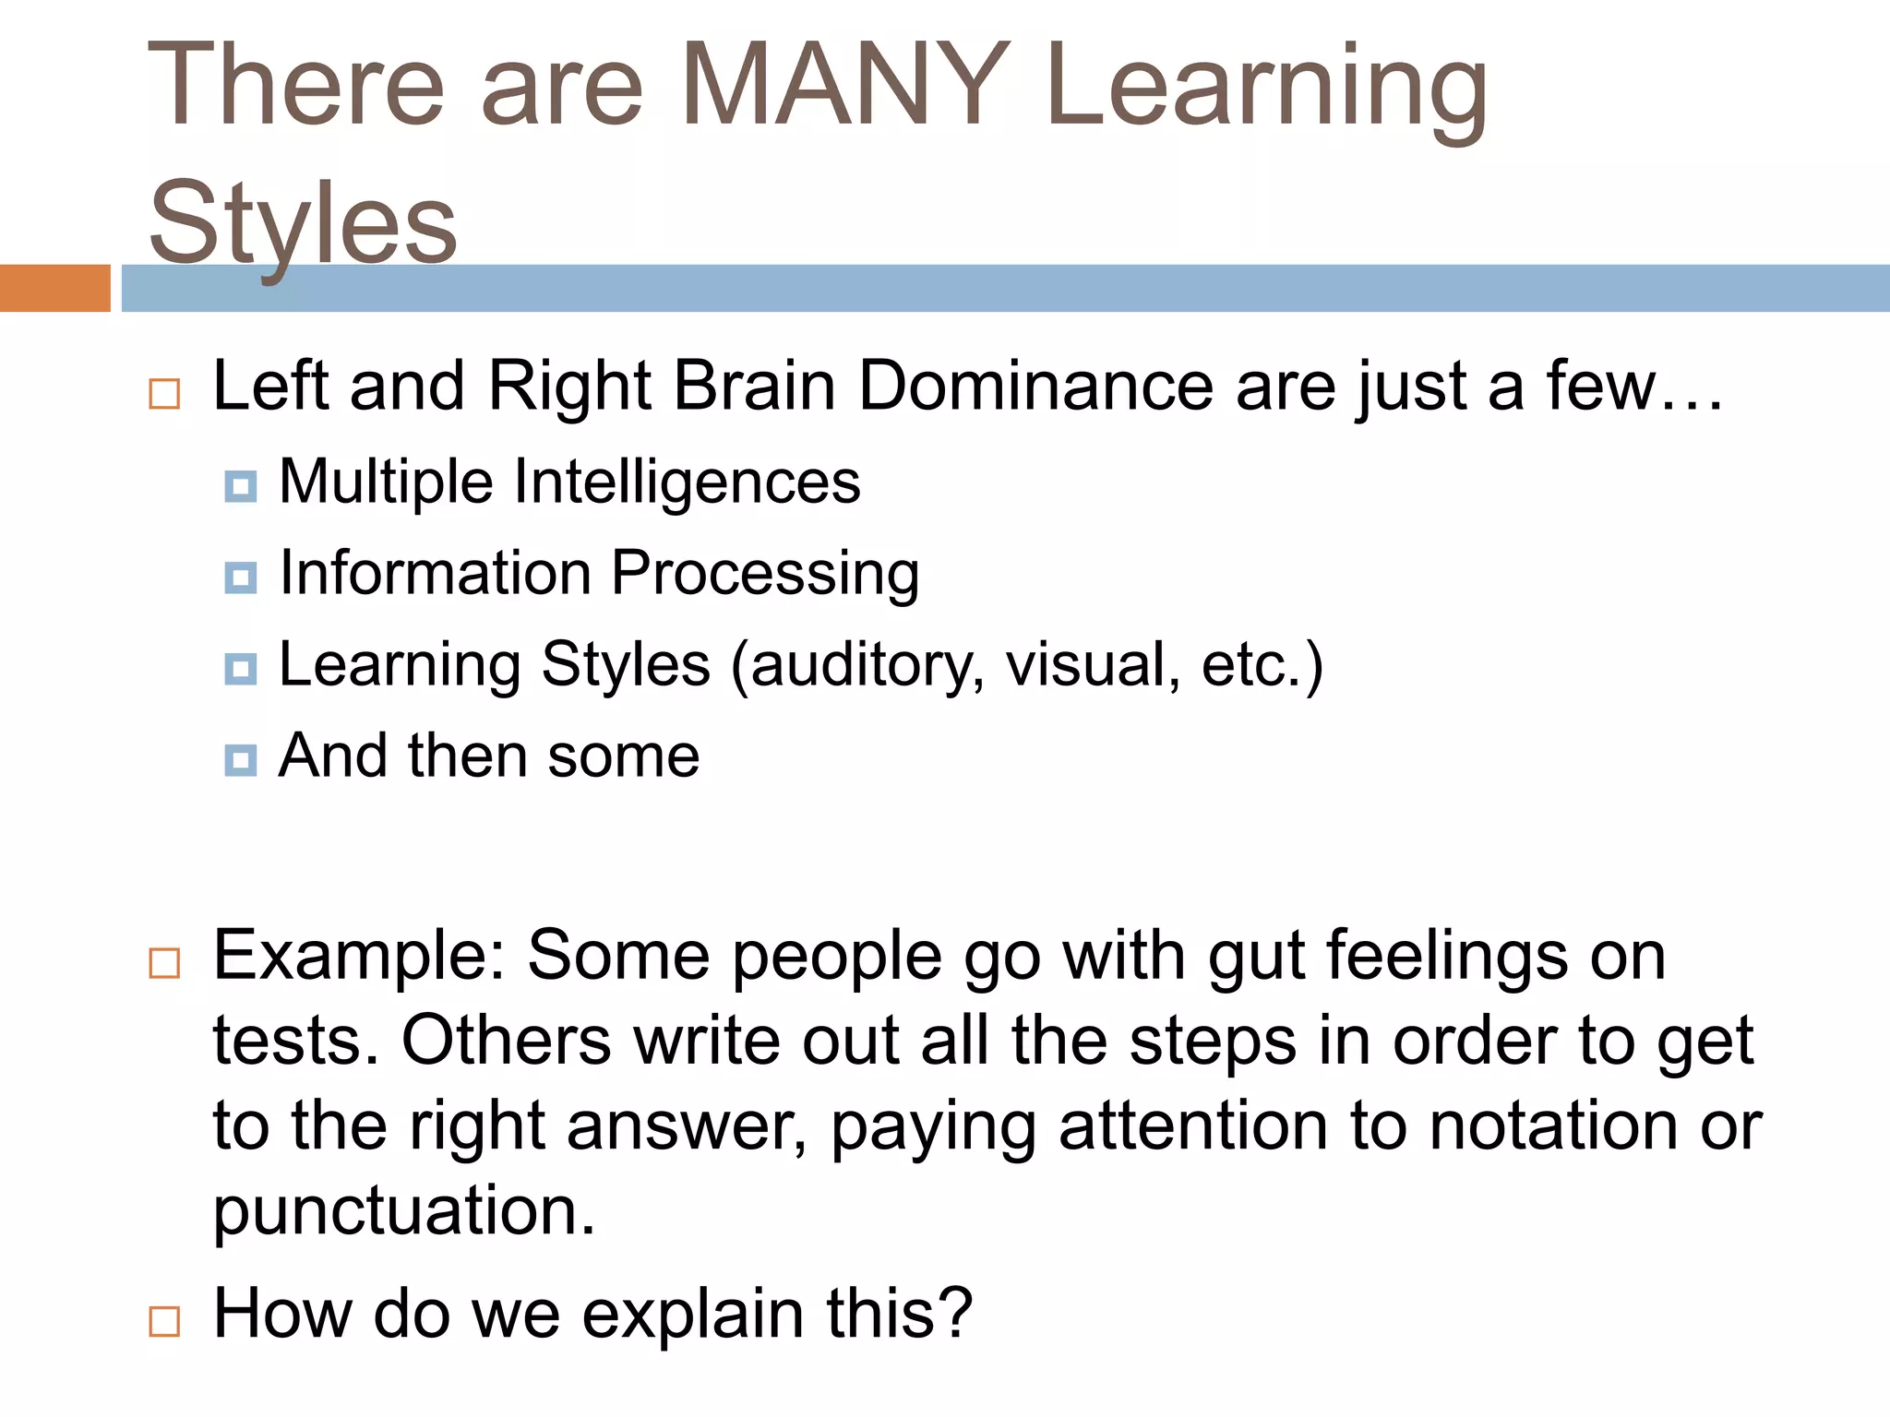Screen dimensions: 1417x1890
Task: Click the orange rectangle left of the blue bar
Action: coord(54,288)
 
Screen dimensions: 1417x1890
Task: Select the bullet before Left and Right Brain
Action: coord(164,394)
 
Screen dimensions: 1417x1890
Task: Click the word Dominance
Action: coord(1035,386)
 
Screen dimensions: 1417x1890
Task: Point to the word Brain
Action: coord(754,386)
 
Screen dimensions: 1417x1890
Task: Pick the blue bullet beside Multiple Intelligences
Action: coord(241,486)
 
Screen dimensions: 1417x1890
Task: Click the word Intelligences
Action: coord(687,483)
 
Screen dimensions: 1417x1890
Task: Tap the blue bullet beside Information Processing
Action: coord(241,578)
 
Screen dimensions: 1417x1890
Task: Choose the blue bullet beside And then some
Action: coord(241,760)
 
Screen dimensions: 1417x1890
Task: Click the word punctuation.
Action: coord(404,1211)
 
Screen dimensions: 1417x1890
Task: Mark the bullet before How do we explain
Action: coord(164,1321)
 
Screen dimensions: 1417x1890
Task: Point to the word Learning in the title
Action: coord(1266,85)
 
